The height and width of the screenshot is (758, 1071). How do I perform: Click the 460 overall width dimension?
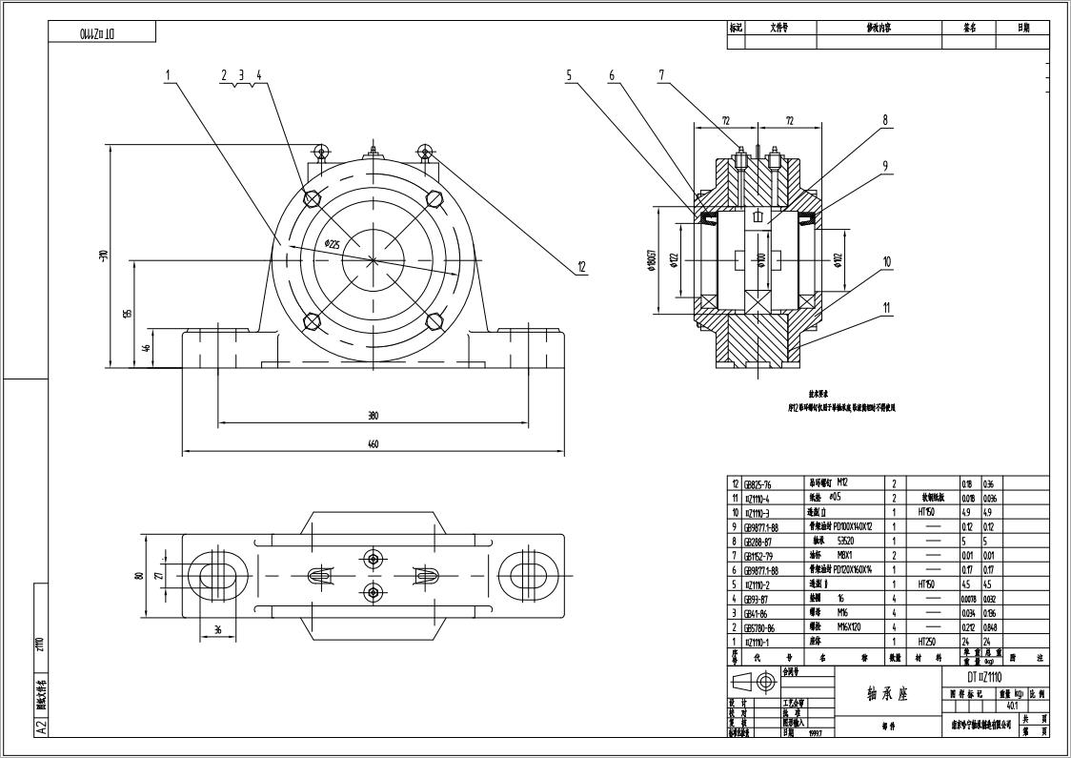(373, 444)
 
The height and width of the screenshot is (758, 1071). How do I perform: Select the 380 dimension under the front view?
(373, 416)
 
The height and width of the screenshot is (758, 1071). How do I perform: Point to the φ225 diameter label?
(332, 244)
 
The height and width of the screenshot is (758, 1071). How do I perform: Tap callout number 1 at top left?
(168, 74)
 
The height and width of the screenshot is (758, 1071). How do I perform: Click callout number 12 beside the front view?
(581, 268)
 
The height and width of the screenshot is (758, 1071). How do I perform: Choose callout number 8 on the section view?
(884, 121)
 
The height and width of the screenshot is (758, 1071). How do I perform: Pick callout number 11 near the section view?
(886, 308)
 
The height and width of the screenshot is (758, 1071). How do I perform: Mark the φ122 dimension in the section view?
(675, 261)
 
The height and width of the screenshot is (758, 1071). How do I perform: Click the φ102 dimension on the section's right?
(839, 261)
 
